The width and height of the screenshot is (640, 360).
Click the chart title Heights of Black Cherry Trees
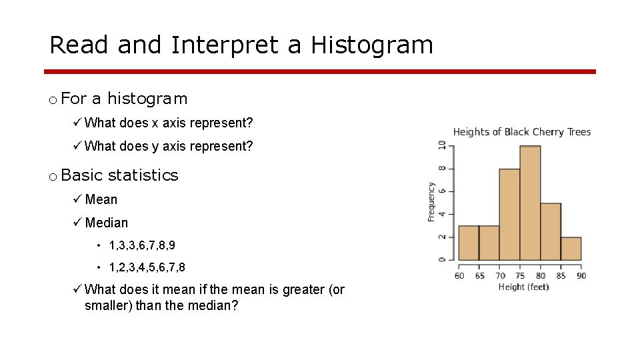521,132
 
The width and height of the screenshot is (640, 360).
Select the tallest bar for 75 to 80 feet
530,203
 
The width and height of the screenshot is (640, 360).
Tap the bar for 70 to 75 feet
509,215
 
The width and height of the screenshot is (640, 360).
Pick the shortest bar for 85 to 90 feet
571,249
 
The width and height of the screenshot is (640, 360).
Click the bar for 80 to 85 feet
550,232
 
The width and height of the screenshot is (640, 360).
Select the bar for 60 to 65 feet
468,243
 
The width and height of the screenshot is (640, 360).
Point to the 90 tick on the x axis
581,275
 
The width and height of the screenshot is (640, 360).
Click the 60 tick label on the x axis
459,275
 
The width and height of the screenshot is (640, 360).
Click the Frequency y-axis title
431,202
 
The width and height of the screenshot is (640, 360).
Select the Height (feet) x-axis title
524,287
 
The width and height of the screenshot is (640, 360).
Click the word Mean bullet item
101,199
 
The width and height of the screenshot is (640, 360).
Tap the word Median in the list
106,223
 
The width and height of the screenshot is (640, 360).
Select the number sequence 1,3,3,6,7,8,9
142,245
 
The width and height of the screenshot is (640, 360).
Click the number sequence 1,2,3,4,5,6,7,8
147,267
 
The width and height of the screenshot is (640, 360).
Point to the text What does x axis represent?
169,123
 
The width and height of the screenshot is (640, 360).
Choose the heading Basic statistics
119,175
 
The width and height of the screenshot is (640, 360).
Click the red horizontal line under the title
320,71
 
